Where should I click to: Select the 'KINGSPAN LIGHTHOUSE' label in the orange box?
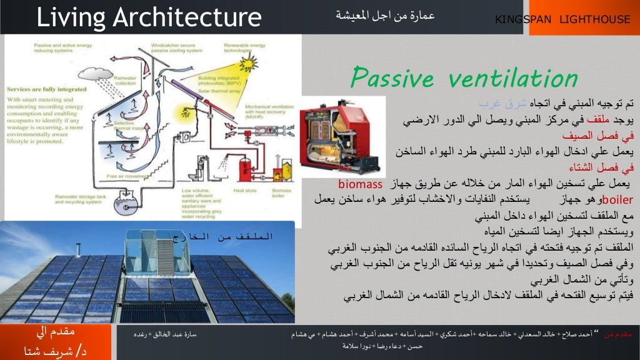pos(562,19)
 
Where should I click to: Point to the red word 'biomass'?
pos(360,185)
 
